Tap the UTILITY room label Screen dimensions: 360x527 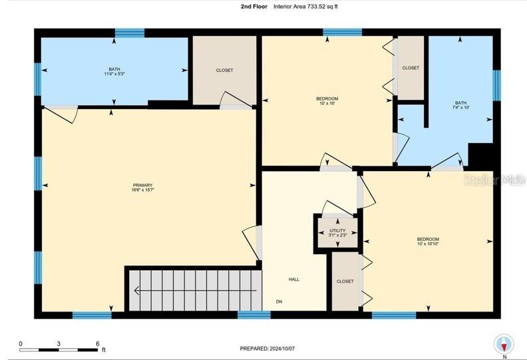[337, 230]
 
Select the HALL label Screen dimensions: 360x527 [293, 279]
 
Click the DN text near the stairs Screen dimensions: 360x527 [279, 301]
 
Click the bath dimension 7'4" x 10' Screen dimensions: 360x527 [460, 107]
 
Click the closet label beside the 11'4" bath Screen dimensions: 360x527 [224, 71]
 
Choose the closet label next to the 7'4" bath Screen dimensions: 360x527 [411, 68]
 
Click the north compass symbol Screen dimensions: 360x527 [504, 343]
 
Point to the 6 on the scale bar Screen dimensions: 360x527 [98, 344]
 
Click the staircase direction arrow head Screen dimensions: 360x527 [136, 289]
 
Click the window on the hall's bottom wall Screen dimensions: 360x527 [254, 315]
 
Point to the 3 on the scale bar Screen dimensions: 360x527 [59, 344]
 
